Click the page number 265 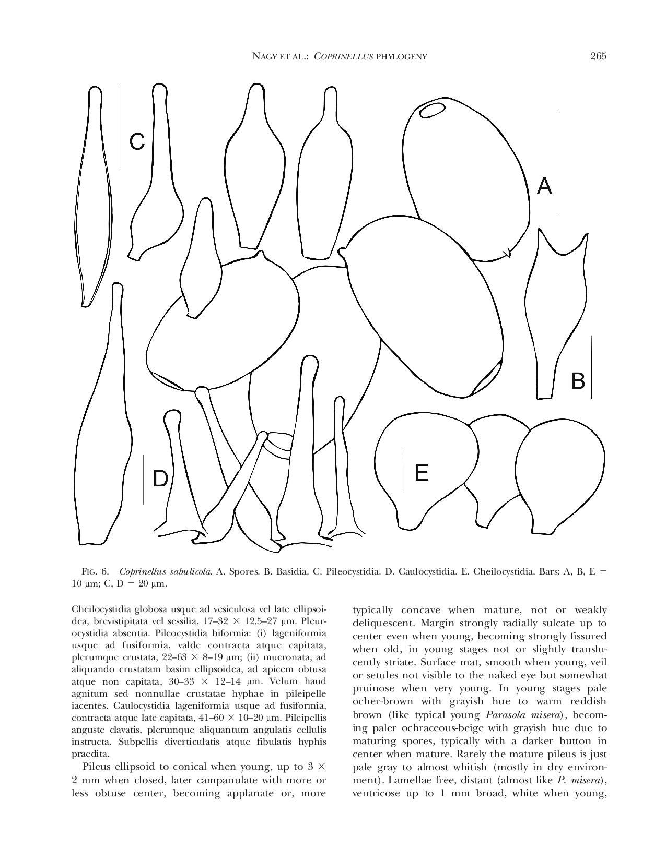[598, 56]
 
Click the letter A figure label [544, 186]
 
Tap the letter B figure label [578, 381]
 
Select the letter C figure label [137, 141]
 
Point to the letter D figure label [160, 479]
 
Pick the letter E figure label [421, 472]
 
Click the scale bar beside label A [557, 163]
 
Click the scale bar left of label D [143, 479]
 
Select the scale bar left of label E [403, 470]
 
